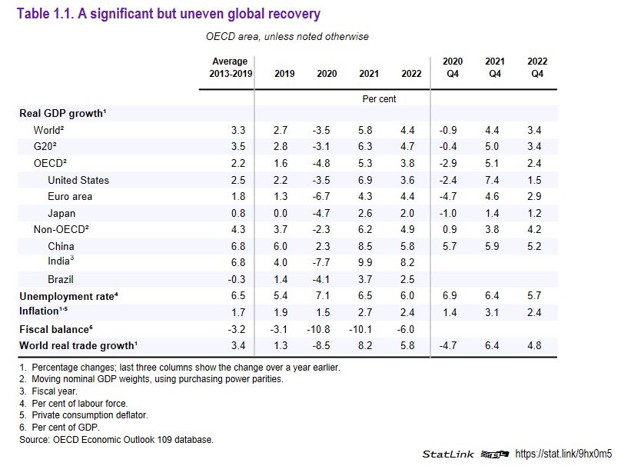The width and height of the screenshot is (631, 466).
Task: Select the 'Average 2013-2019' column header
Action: pos(229,68)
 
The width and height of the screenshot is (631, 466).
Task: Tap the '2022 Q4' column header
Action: pos(536,68)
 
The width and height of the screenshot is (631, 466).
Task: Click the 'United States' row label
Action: pos(78,180)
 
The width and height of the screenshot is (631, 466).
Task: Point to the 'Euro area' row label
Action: pos(70,197)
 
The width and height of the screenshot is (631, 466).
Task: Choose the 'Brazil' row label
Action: pos(61,279)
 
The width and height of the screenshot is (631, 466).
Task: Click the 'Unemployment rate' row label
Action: pos(68,295)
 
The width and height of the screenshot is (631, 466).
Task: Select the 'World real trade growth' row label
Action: pos(78,345)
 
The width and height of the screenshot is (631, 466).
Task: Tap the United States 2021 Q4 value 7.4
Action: pos(494,180)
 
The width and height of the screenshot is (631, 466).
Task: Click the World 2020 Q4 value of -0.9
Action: pos(452,130)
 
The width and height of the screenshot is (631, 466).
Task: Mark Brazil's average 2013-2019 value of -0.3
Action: pos(238,279)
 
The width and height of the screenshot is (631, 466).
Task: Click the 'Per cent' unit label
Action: pos(379,99)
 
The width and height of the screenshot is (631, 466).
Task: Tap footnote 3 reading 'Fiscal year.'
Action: pos(56,391)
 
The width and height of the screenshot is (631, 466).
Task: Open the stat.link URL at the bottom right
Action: pos(568,454)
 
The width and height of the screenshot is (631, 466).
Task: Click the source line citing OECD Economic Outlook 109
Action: pos(116,439)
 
